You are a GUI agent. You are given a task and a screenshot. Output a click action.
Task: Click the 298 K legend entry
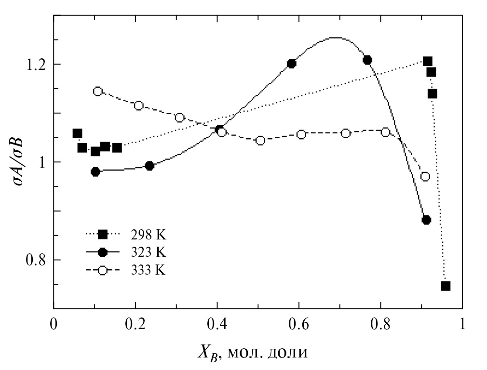coord(125,235)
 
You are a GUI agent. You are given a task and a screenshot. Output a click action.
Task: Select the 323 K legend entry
coord(125,252)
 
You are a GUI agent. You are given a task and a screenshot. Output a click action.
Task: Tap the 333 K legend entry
coord(125,270)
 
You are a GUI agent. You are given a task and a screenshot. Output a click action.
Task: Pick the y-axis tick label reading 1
coord(41,162)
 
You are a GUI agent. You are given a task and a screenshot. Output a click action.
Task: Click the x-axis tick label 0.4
coord(217,323)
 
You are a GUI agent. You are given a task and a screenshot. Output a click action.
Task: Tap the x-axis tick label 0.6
coord(299,323)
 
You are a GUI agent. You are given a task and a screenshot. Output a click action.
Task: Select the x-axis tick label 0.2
coord(135,323)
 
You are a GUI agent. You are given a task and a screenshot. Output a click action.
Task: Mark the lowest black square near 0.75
coord(446,286)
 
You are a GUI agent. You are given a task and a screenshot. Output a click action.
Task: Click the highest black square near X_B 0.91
coord(427,61)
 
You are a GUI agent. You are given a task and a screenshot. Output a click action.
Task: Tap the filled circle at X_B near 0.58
coord(291,64)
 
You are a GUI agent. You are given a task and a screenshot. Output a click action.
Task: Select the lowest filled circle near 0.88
coord(426,220)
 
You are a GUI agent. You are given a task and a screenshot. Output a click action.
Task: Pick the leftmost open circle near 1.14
coord(98,91)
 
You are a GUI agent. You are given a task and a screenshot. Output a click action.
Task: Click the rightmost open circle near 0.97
coord(425,177)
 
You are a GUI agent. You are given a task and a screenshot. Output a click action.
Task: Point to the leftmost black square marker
coord(77,133)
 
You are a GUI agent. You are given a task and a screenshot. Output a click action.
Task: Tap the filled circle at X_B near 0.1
coord(95,172)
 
